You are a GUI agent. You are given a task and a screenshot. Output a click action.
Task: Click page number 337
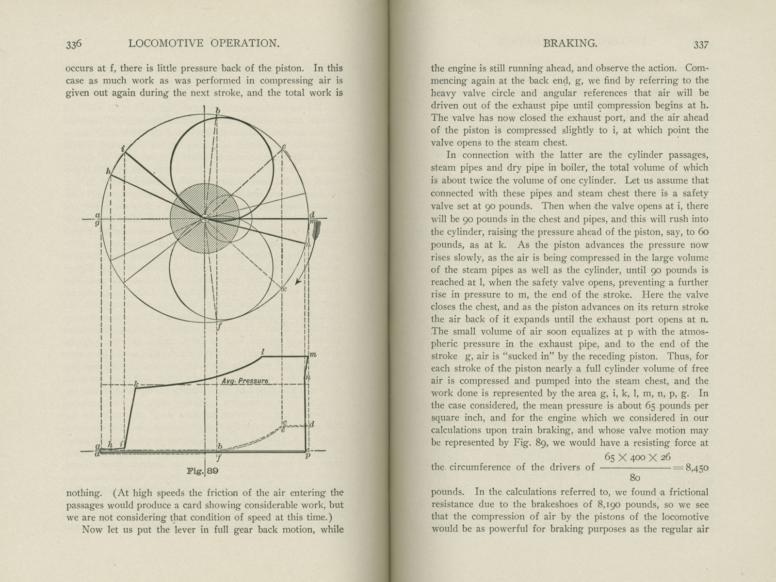tap(701, 45)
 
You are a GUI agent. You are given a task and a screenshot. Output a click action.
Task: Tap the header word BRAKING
tap(570, 44)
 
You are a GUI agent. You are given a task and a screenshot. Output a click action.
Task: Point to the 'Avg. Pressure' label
tap(244, 381)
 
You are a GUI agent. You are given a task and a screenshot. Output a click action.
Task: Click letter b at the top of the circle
tap(218, 111)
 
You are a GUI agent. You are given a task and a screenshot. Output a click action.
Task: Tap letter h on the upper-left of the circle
tap(108, 171)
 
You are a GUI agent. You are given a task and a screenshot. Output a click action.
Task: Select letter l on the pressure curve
tap(262, 351)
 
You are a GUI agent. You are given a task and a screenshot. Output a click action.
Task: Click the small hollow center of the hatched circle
tap(205, 218)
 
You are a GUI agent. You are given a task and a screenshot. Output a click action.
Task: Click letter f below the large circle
tap(219, 326)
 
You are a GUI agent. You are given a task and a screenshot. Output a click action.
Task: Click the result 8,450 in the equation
tap(695, 468)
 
